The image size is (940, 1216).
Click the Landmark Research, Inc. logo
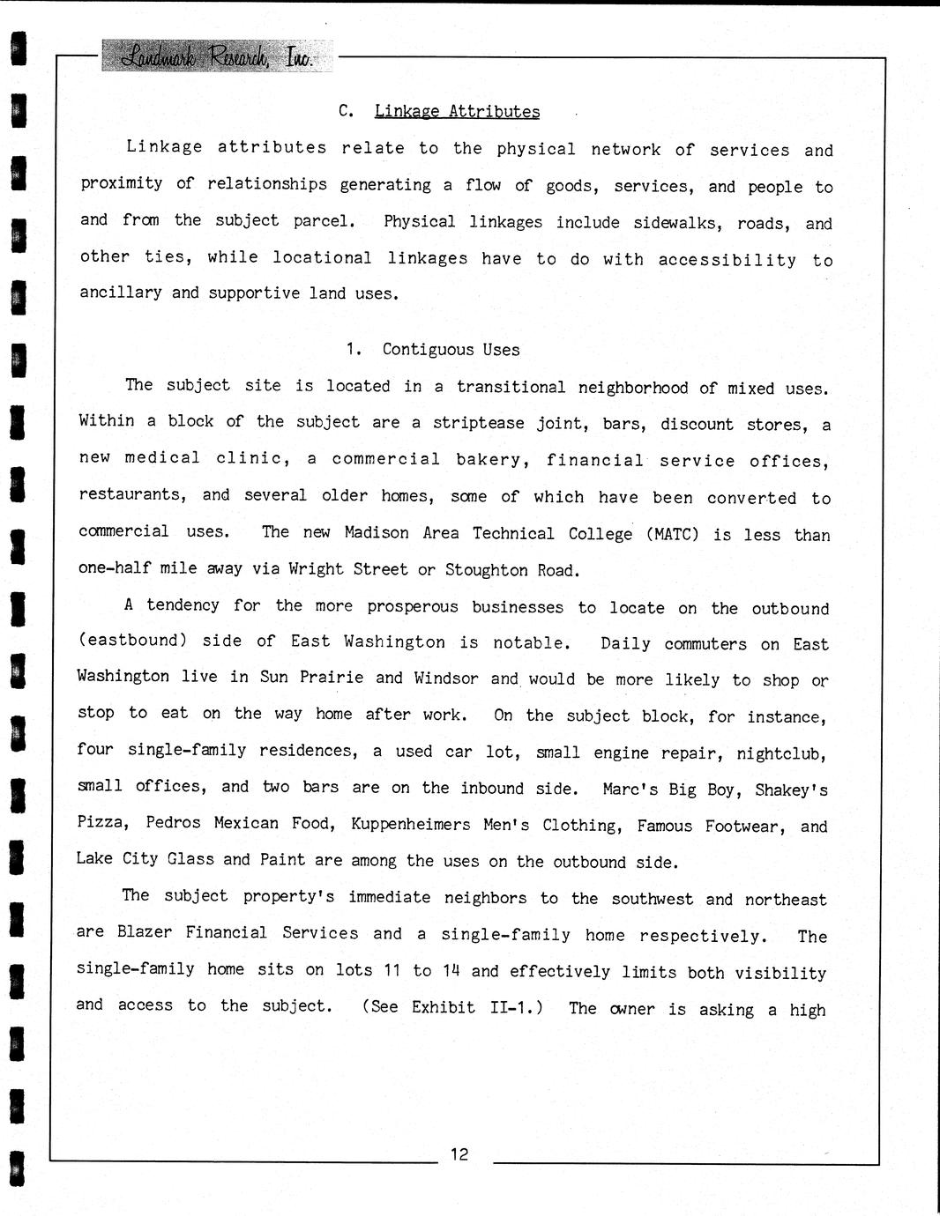(218, 57)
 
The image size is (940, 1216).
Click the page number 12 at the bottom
(459, 1154)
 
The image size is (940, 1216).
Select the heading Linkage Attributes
(457, 112)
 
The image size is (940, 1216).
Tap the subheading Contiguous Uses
(451, 350)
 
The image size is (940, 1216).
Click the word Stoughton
(486, 570)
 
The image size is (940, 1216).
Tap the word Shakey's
(791, 790)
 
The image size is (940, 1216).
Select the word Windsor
(446, 678)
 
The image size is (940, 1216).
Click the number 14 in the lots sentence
(451, 971)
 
